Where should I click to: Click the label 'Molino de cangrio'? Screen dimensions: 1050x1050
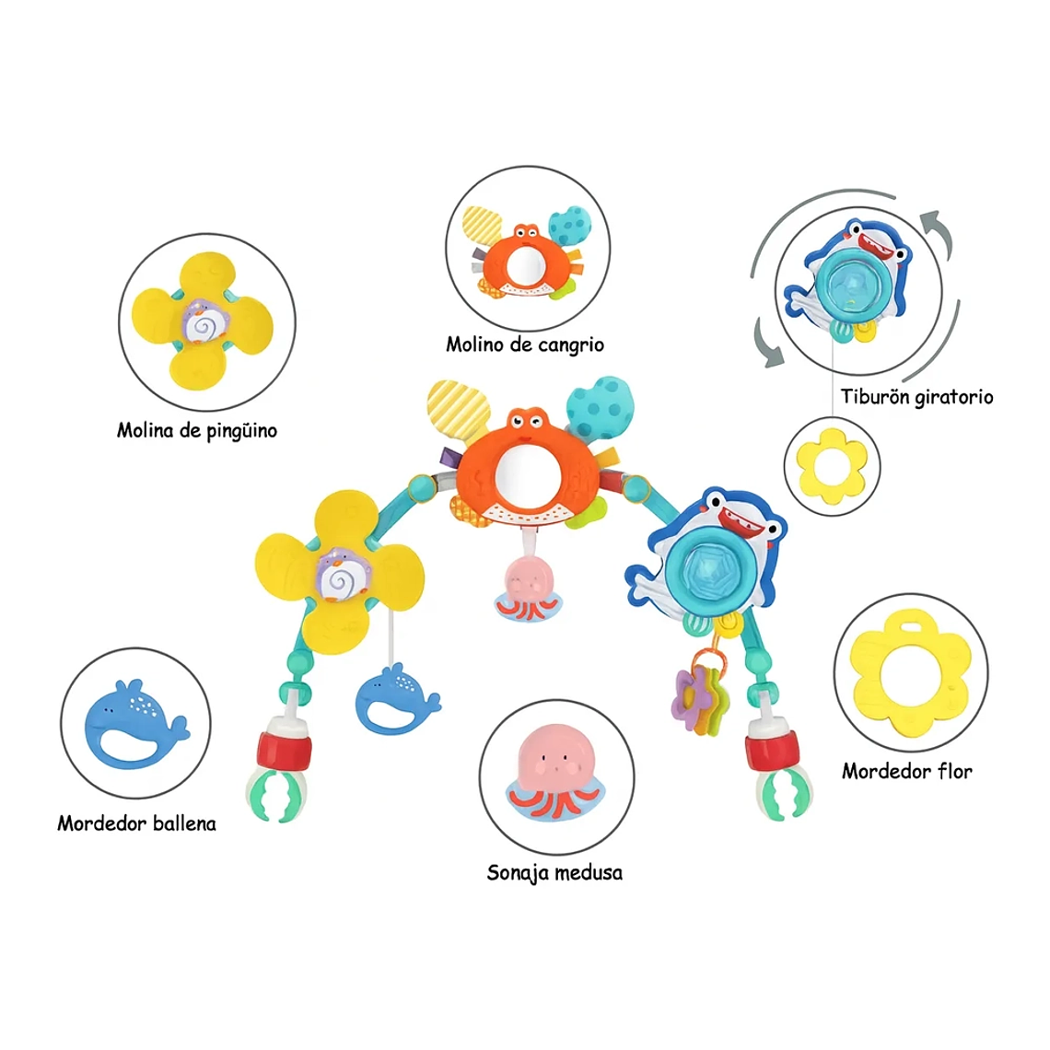coord(525,344)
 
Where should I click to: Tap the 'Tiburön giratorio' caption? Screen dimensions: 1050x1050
coord(916,397)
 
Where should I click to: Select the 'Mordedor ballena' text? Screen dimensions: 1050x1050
coord(136,823)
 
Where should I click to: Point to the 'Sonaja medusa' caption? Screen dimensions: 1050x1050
coord(554,872)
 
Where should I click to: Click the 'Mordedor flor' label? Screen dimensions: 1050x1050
coord(906,772)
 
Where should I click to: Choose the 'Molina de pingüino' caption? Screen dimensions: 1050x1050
coord(197,430)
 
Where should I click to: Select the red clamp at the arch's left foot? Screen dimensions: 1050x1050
coord(285,750)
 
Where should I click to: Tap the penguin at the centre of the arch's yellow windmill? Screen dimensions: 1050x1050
coord(343,575)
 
